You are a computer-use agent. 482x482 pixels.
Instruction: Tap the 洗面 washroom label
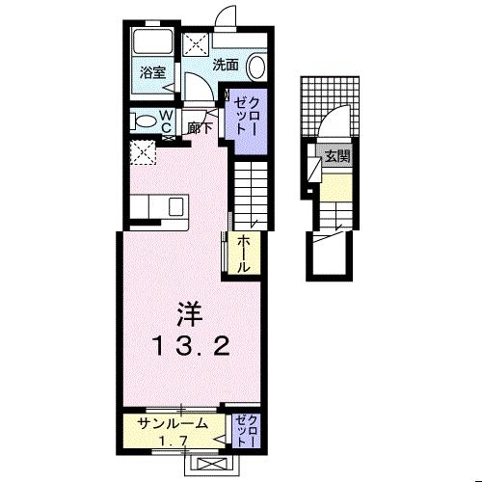click(x=226, y=66)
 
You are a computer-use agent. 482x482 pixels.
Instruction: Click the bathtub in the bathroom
click(x=149, y=42)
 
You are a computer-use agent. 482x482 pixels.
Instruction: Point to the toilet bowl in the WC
click(x=145, y=121)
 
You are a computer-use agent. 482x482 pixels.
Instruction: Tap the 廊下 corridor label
click(x=201, y=126)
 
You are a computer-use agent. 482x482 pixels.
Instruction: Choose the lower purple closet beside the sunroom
click(x=245, y=428)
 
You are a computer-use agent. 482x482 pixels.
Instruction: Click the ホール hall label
click(x=245, y=254)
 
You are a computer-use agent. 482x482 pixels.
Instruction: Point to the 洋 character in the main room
click(x=188, y=313)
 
